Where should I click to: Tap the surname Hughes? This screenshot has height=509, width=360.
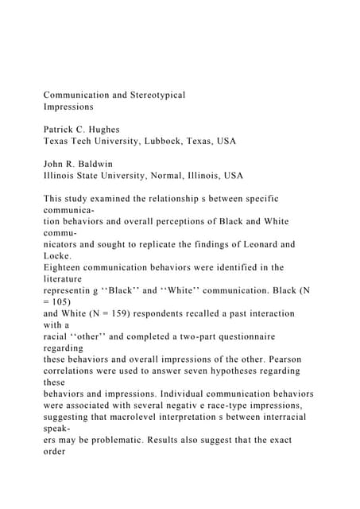[114, 129]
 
